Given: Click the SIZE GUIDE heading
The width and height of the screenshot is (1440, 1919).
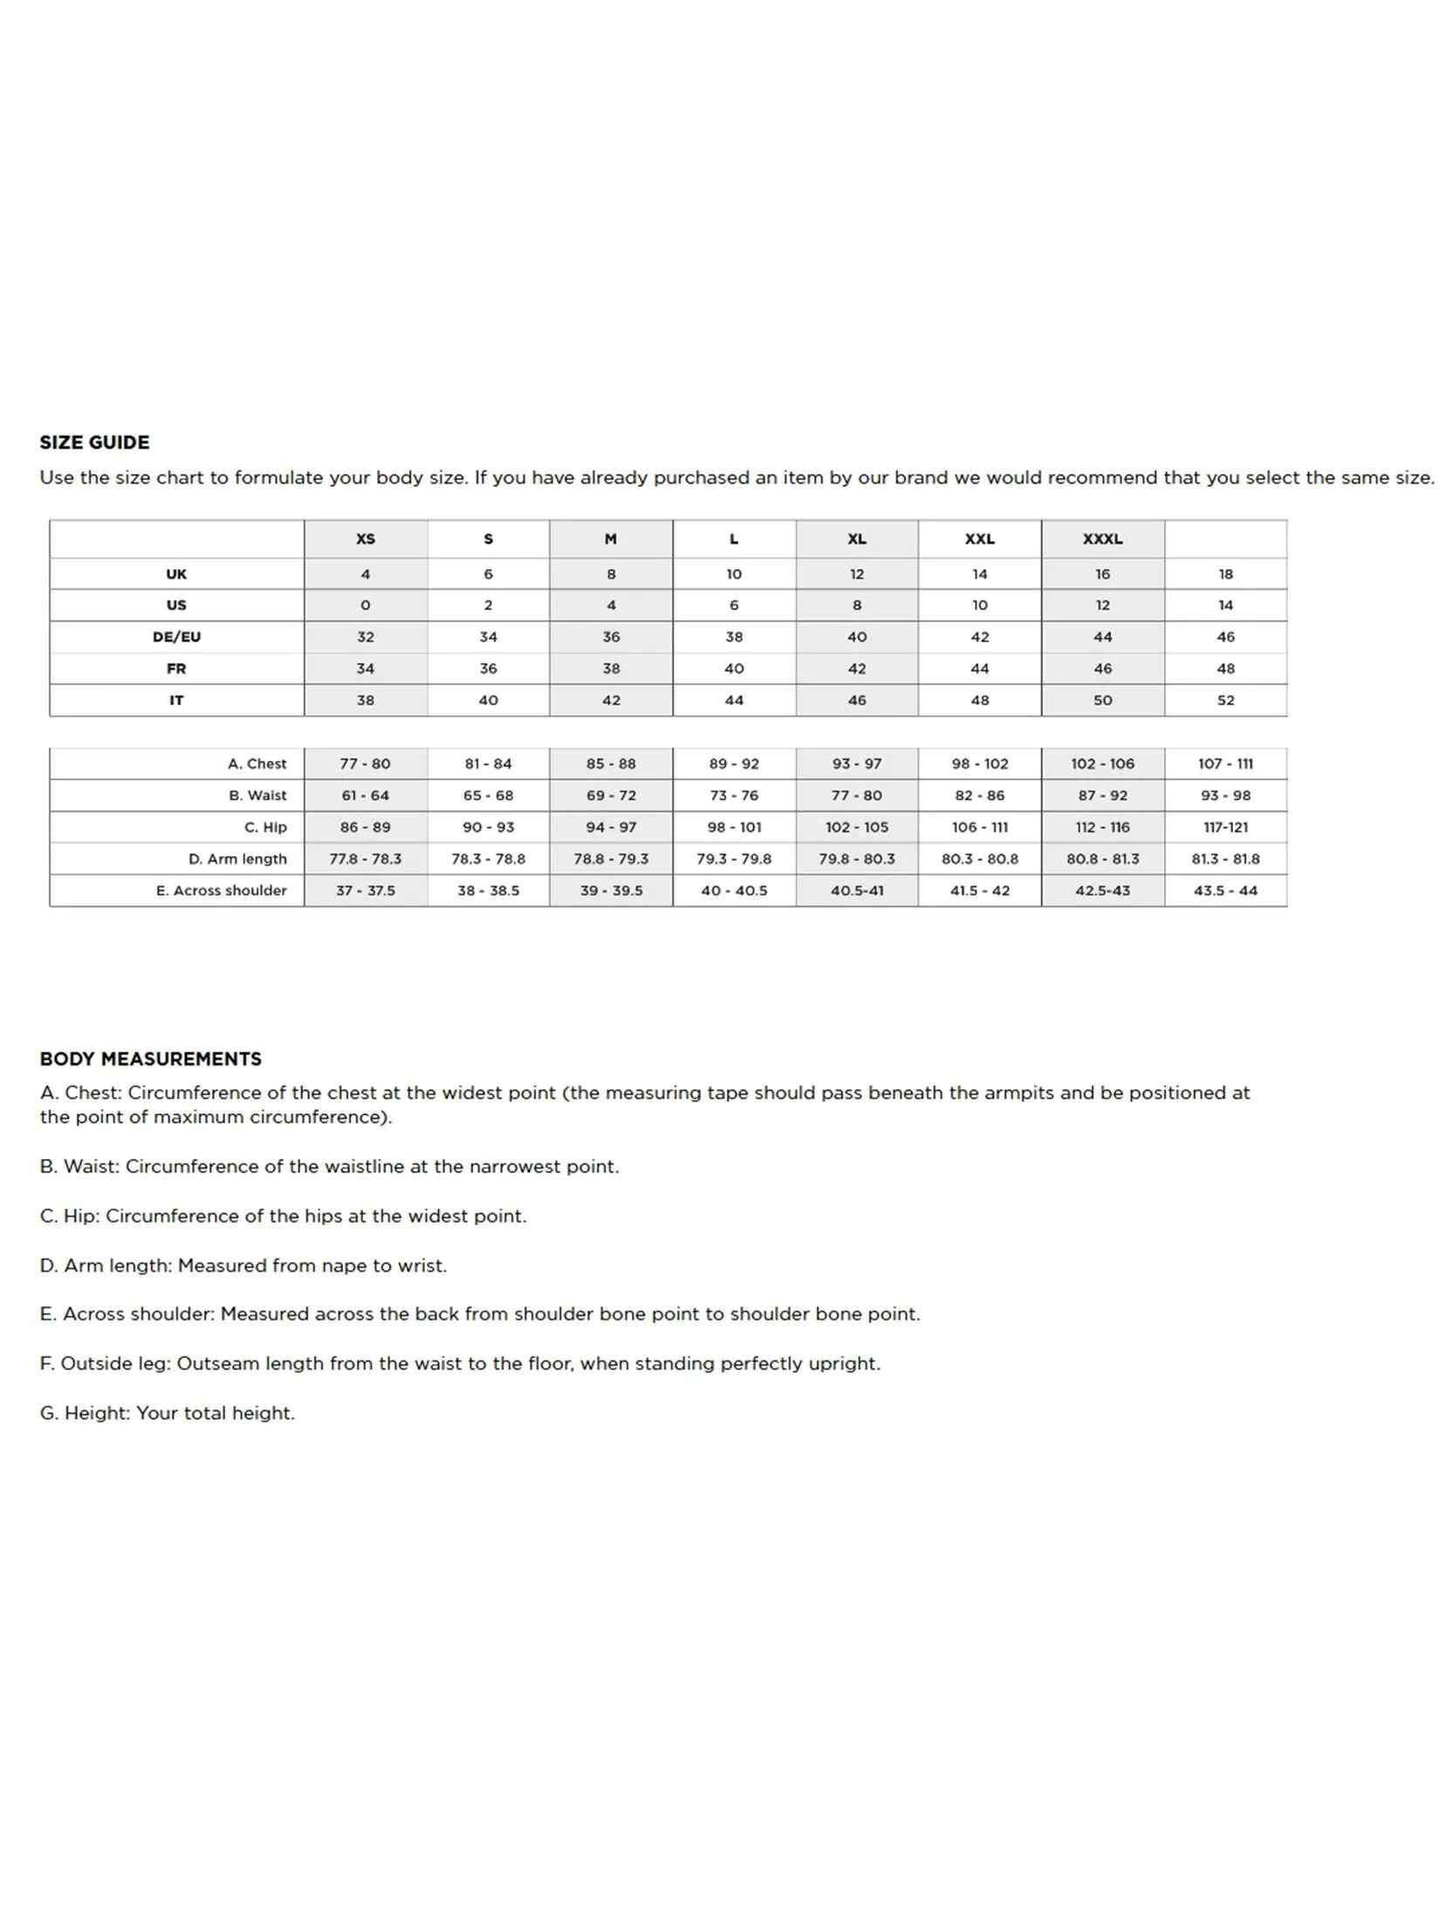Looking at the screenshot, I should tap(94, 442).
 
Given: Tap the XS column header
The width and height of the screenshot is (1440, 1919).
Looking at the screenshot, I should tap(366, 539).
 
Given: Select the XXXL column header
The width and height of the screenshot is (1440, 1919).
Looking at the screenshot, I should tap(1102, 539).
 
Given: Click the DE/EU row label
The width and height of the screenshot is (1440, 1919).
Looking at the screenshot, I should tap(176, 637).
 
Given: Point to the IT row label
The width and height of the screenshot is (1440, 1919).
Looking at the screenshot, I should tap(176, 700).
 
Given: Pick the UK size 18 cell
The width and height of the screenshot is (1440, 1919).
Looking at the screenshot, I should tap(1225, 574).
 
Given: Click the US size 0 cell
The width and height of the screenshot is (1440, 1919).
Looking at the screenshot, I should tap(366, 605).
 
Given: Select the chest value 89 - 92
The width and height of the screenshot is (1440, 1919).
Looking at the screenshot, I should tap(734, 764).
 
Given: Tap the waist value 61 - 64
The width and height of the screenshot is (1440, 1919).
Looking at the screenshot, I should tap(366, 795).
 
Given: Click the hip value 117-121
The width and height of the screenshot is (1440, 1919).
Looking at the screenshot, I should tap(1225, 827).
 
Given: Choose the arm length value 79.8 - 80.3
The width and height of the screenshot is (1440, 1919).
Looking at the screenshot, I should tap(857, 859).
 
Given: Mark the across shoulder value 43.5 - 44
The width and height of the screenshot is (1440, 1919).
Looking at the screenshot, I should tap(1225, 890).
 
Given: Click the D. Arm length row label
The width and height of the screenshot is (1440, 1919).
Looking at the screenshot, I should tap(237, 859).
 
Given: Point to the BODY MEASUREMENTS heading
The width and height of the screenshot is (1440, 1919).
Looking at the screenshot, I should tap(150, 1059).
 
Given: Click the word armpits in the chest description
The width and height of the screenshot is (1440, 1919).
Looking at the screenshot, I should tap(1019, 1093).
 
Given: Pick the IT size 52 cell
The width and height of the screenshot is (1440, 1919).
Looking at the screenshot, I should tap(1225, 700).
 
